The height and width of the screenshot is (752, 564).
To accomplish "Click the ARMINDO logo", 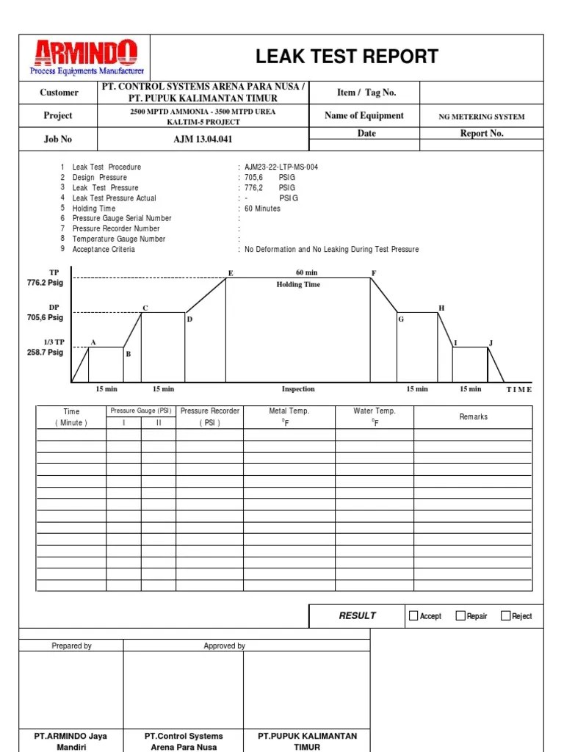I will click(85, 57).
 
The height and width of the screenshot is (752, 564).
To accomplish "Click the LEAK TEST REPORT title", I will click(347, 57).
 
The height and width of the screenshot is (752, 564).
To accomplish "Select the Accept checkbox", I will click(413, 615).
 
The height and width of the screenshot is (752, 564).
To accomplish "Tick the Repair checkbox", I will click(460, 615).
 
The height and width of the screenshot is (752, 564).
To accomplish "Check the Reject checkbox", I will click(505, 615).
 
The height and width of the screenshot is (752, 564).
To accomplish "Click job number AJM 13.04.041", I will click(203, 139).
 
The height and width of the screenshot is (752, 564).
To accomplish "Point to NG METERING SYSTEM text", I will click(482, 116).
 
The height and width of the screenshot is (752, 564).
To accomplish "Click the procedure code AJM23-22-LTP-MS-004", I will click(281, 167).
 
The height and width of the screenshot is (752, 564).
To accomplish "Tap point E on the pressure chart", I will click(231, 273).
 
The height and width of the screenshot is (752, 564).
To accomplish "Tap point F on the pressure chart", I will click(374, 273).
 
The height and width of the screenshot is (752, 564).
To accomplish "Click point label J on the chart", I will click(491, 343).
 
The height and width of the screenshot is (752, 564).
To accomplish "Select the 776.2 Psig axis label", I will click(45, 283).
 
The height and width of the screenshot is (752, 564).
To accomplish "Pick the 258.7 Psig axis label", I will click(45, 352).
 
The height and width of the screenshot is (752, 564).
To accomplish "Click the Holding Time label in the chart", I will click(298, 284).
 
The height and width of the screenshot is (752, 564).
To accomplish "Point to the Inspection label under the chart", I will click(298, 389).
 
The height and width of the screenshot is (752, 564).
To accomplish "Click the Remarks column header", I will click(473, 416).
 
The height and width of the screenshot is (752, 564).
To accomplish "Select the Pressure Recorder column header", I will click(209, 416).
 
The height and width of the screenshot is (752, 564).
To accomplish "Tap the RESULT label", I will click(357, 615).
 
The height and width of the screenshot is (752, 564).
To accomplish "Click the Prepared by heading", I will click(71, 646).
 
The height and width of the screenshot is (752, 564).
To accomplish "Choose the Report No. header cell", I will click(482, 134).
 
